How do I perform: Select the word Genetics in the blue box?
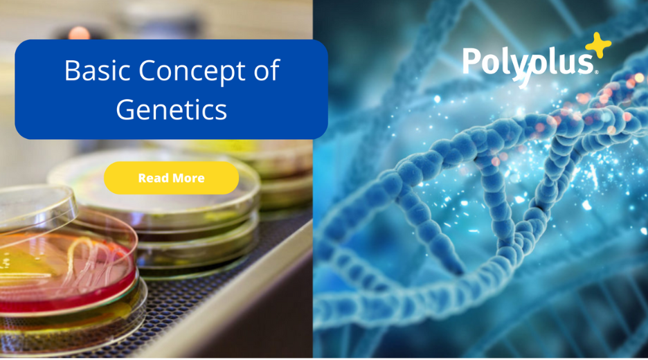172,109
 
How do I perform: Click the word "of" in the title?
267,70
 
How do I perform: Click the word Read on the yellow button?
152,178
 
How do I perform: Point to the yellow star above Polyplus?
598,44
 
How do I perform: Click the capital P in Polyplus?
471,61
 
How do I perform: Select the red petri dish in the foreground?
68,273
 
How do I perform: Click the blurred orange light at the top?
79,33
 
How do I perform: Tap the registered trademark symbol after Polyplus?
596,72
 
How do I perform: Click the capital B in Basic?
72,70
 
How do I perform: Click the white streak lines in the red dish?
89,264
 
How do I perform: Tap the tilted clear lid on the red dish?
37,207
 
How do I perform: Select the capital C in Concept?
148,70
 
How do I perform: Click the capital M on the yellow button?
175,178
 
